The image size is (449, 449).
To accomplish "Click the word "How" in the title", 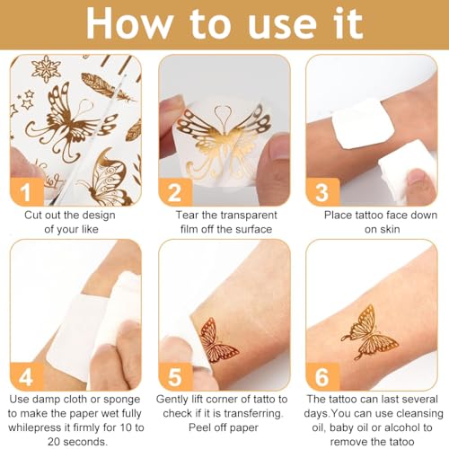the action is click(129, 24).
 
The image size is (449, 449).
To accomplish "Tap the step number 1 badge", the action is click(27, 191).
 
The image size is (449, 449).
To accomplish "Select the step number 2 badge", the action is click(175, 191).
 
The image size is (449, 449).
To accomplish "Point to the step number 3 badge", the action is click(322, 191).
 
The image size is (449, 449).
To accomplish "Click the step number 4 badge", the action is click(27, 376).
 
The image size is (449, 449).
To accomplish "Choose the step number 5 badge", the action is click(175, 376).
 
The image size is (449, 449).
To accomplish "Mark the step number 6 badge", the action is click(322, 376).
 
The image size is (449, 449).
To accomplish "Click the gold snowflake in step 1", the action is click(46, 68).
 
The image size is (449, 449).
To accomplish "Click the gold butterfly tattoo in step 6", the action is click(369, 332).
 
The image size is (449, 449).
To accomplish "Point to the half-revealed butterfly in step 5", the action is click(216, 339).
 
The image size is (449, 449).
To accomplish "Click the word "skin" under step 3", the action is click(391, 229).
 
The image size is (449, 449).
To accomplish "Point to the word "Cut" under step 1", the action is click(33, 215).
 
